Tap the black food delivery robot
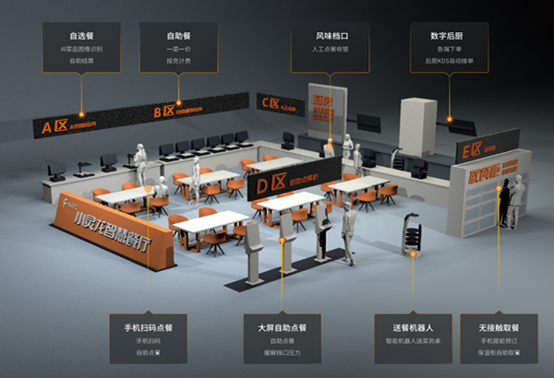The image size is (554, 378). (410, 232)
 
